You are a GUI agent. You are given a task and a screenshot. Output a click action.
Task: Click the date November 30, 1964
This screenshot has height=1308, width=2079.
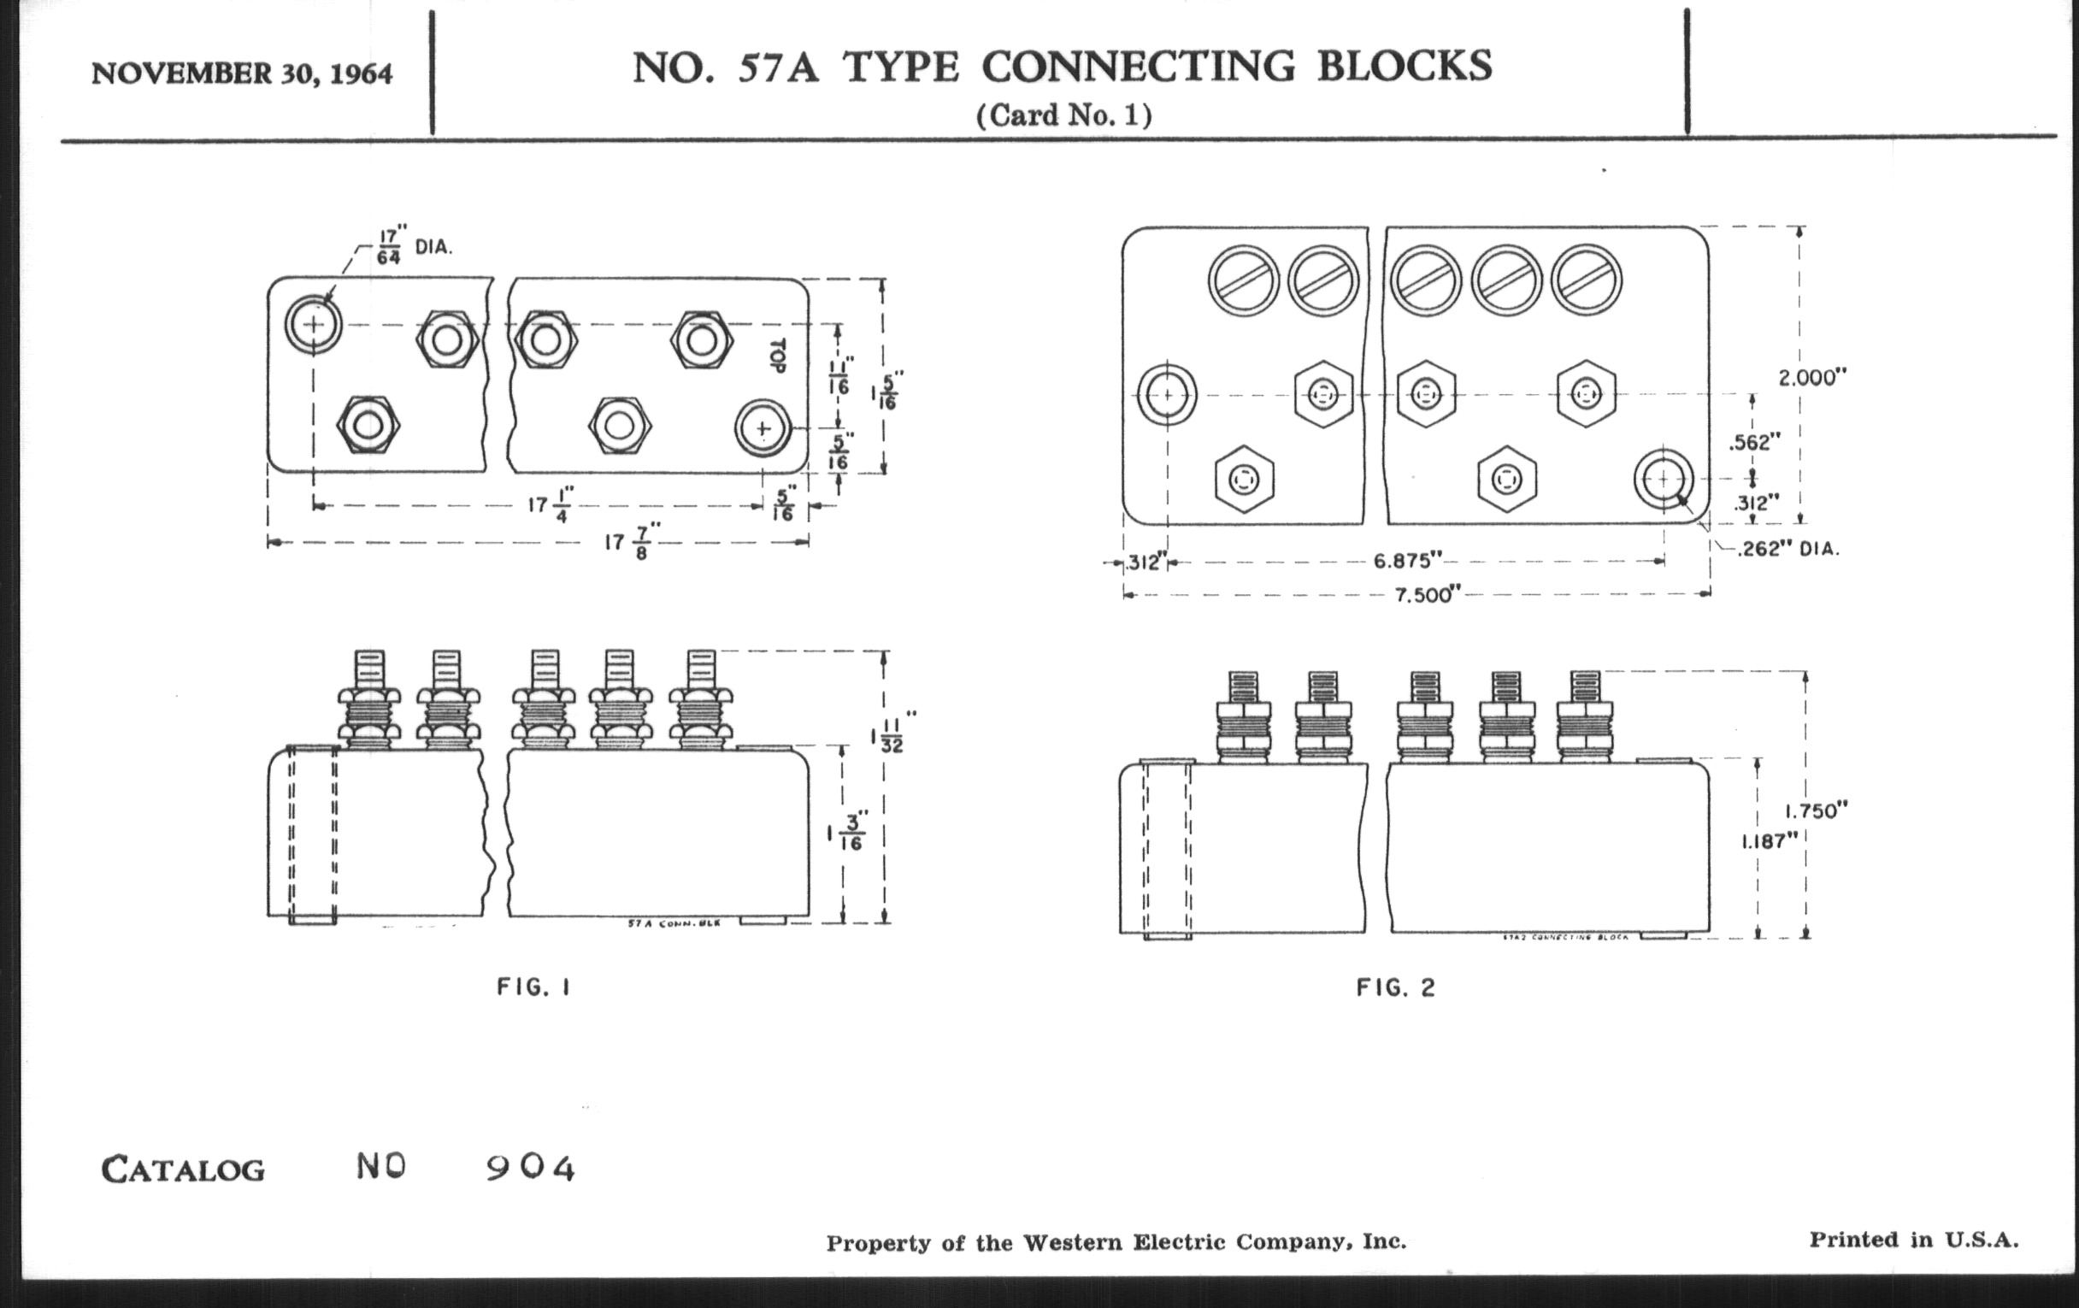point(242,74)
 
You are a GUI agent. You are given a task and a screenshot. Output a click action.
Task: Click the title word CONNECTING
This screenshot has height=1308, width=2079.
point(1139,67)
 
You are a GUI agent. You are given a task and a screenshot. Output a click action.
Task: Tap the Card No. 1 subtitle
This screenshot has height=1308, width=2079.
point(1063,115)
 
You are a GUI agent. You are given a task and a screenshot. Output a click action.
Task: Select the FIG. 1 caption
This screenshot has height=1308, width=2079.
point(533,987)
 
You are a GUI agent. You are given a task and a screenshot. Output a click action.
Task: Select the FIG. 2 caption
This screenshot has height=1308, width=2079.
point(1395,987)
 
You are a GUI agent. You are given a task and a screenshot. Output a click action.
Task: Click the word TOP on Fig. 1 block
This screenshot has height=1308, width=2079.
point(777,355)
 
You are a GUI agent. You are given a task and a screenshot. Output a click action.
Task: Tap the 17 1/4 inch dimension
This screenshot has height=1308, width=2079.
point(550,504)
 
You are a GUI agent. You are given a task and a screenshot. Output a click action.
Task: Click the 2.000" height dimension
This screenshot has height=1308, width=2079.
point(1811,377)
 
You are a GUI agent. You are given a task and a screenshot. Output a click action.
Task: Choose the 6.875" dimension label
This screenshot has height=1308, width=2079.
point(1407,561)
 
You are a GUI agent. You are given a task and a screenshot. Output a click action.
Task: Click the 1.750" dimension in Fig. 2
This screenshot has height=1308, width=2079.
point(1817,810)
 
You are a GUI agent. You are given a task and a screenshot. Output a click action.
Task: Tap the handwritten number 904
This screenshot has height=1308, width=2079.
point(530,1168)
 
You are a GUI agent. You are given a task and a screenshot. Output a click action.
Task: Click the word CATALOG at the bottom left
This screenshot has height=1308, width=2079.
point(183,1170)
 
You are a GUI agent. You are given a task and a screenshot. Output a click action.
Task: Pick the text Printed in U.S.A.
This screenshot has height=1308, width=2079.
point(1913,1240)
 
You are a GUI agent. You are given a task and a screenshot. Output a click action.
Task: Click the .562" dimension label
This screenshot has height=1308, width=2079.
point(1754,443)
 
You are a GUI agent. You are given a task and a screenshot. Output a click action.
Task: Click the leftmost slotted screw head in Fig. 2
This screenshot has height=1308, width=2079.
point(1243,281)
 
